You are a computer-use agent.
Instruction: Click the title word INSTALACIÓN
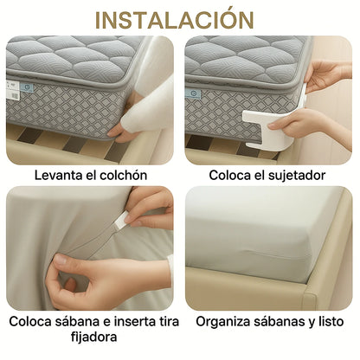click(x=175, y=19)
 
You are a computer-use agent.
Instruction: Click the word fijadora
click(x=94, y=337)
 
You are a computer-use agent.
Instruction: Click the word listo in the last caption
click(x=331, y=322)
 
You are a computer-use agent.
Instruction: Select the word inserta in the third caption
click(x=136, y=322)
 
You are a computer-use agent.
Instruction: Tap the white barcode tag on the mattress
click(x=12, y=90)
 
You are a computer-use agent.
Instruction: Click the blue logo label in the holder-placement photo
click(x=193, y=93)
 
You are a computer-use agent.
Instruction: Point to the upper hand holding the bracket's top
click(x=327, y=75)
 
